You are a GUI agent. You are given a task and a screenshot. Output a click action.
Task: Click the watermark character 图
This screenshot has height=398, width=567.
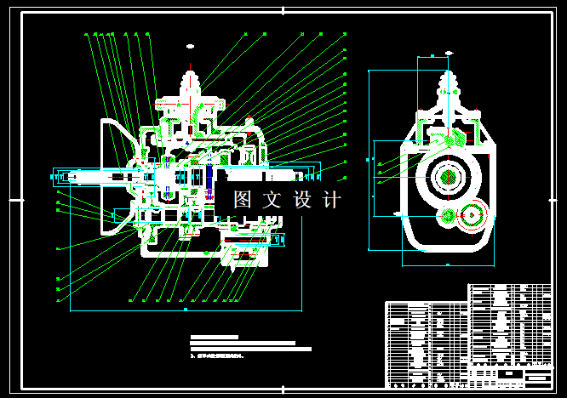(x=243, y=201)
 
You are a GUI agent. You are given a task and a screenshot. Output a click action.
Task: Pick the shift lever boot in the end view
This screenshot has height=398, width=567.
(x=449, y=87)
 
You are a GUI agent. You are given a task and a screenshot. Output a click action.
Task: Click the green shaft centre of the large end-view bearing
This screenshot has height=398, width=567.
(x=448, y=177)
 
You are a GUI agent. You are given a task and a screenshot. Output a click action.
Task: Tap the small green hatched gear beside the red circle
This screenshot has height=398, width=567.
(x=447, y=217)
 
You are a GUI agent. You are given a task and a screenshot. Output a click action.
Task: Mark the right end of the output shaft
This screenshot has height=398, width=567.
(x=318, y=175)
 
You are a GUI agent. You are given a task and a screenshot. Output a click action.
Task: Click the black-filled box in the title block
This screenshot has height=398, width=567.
(x=509, y=374)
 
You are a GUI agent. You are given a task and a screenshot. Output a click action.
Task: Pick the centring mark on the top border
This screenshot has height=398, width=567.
(x=283, y=9)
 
